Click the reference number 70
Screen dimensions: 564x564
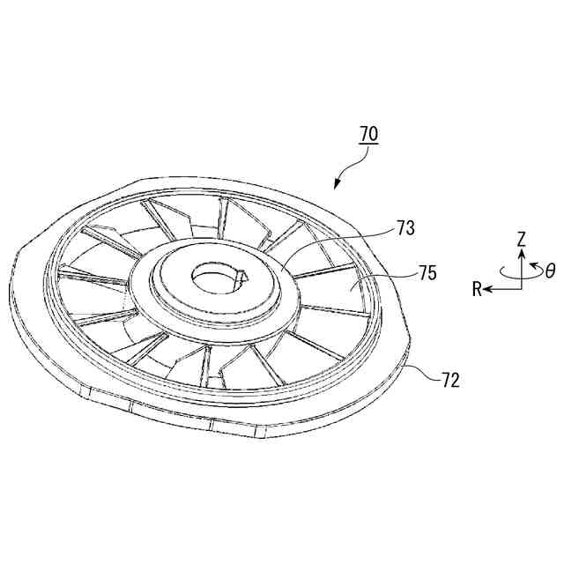click(x=368, y=134)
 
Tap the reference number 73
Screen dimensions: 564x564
click(x=406, y=228)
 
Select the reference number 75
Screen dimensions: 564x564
click(x=427, y=273)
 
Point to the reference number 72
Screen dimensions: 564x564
click(x=449, y=381)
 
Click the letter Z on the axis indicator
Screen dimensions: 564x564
click(x=522, y=238)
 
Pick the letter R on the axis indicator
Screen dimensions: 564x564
click(x=476, y=288)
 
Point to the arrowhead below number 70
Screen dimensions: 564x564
click(x=336, y=185)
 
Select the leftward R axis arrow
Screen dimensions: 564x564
click(x=495, y=287)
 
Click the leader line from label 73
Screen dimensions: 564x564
click(x=339, y=236)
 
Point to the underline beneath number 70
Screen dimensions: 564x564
click(x=368, y=144)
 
